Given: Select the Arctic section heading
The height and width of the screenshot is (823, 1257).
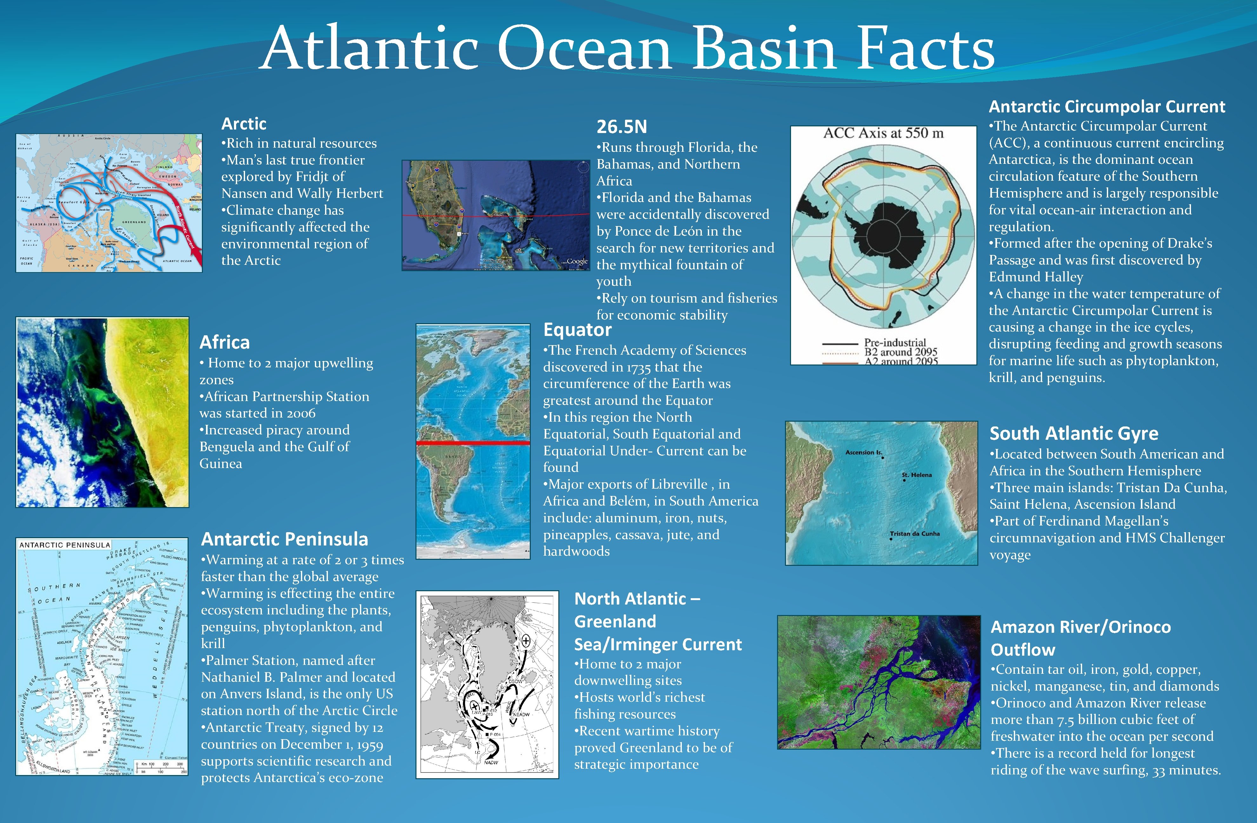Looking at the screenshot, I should (243, 124).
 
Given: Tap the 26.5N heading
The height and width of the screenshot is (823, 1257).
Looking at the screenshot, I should (621, 127).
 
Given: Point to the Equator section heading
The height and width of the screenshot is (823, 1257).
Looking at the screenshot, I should (577, 330).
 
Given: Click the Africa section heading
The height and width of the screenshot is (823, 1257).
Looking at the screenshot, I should (224, 342).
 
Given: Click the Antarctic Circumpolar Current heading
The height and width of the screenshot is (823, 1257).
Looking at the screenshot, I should (1107, 107).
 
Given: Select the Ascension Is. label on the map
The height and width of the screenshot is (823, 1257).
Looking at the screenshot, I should (863, 452).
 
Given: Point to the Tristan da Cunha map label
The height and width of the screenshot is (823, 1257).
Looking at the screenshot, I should (915, 533).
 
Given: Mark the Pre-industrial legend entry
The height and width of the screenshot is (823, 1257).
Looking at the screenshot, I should (895, 342).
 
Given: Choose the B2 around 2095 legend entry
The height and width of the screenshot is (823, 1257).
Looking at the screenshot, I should (901, 352).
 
